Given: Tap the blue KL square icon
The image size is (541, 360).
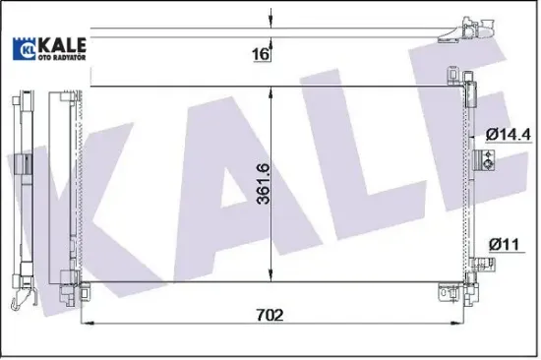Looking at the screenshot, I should (x=24, y=46).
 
